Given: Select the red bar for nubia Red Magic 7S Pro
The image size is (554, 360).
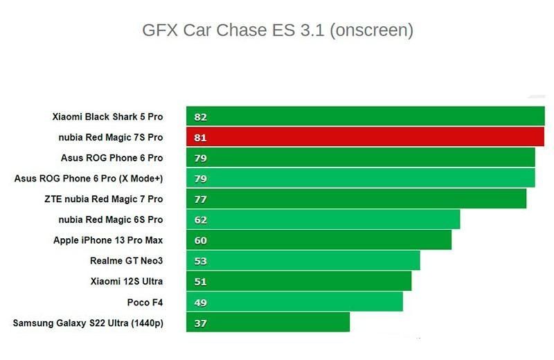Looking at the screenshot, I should pos(365,137).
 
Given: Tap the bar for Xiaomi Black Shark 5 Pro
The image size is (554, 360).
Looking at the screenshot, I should pos(365,116).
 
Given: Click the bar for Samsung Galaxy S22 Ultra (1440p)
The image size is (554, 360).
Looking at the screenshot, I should pos(268,323).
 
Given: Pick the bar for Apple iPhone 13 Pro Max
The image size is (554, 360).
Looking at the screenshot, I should pos(319,240).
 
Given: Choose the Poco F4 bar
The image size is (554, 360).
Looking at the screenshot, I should pos(294,302).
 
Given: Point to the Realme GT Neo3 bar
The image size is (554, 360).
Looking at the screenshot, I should pos(303,261).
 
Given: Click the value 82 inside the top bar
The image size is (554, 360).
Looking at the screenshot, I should pos(200,117).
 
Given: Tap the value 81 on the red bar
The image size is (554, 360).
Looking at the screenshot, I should pos(200,138).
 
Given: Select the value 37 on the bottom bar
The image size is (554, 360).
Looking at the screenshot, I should pos(200,323).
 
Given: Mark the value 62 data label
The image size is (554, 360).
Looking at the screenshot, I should pos(200,220).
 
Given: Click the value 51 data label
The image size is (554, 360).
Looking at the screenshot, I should pos(200,282).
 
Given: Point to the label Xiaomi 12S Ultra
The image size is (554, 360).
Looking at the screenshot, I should pos(127,281).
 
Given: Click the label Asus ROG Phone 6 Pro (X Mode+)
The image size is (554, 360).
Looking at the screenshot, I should pos(89,179).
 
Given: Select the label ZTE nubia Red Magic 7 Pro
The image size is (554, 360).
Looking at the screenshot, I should pos(103,199).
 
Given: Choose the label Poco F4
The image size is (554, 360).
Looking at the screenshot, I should pos(145,302).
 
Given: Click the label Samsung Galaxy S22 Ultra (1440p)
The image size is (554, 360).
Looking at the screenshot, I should pos(88,323).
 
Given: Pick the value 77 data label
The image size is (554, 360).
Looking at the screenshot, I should pos(200,199).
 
